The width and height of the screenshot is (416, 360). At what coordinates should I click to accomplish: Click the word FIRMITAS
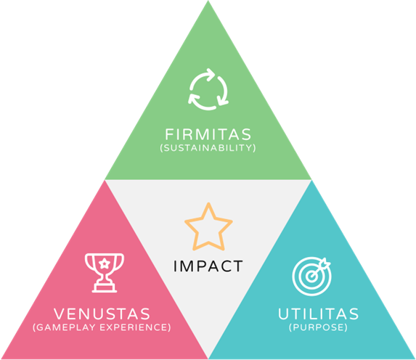pyautogui.click(x=208, y=134)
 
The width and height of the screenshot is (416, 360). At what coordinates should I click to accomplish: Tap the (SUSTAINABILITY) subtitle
pyautogui.click(x=208, y=148)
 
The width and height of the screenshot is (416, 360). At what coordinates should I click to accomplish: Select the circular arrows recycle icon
pyautogui.click(x=208, y=89)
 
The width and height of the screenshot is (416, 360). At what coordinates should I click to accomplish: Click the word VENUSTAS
pyautogui.click(x=102, y=314)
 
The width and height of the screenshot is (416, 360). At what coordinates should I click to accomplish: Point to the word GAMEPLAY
pyautogui.click(x=66, y=327)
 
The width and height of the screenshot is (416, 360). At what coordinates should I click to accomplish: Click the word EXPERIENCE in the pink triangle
pyautogui.click(x=134, y=327)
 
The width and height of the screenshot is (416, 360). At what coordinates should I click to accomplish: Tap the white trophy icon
pyautogui.click(x=105, y=273)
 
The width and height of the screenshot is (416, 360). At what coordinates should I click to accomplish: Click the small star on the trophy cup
pyautogui.click(x=105, y=263)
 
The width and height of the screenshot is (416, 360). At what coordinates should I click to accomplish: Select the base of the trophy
pyautogui.click(x=105, y=288)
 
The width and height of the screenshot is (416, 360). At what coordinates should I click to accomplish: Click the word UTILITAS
pyautogui.click(x=319, y=314)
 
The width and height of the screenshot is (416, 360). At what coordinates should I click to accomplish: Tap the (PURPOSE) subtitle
pyautogui.click(x=319, y=327)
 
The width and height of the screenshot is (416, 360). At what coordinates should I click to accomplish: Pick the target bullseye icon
pyautogui.click(x=311, y=276)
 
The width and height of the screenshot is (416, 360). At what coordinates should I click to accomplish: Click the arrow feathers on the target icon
pyautogui.click(x=325, y=263)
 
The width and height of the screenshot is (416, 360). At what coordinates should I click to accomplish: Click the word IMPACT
pyautogui.click(x=208, y=266)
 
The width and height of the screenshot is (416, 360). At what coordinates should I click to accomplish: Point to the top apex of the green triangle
pyautogui.click(x=208, y=1)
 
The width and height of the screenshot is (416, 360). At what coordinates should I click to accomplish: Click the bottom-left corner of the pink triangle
pyautogui.click(x=1, y=359)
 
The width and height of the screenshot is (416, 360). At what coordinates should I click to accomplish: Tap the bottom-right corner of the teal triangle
pyautogui.click(x=415, y=359)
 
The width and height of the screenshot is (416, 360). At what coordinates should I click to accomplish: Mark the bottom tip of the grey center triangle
pyautogui.click(x=208, y=358)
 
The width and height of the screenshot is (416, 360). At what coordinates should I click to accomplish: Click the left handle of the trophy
pyautogui.click(x=88, y=261)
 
